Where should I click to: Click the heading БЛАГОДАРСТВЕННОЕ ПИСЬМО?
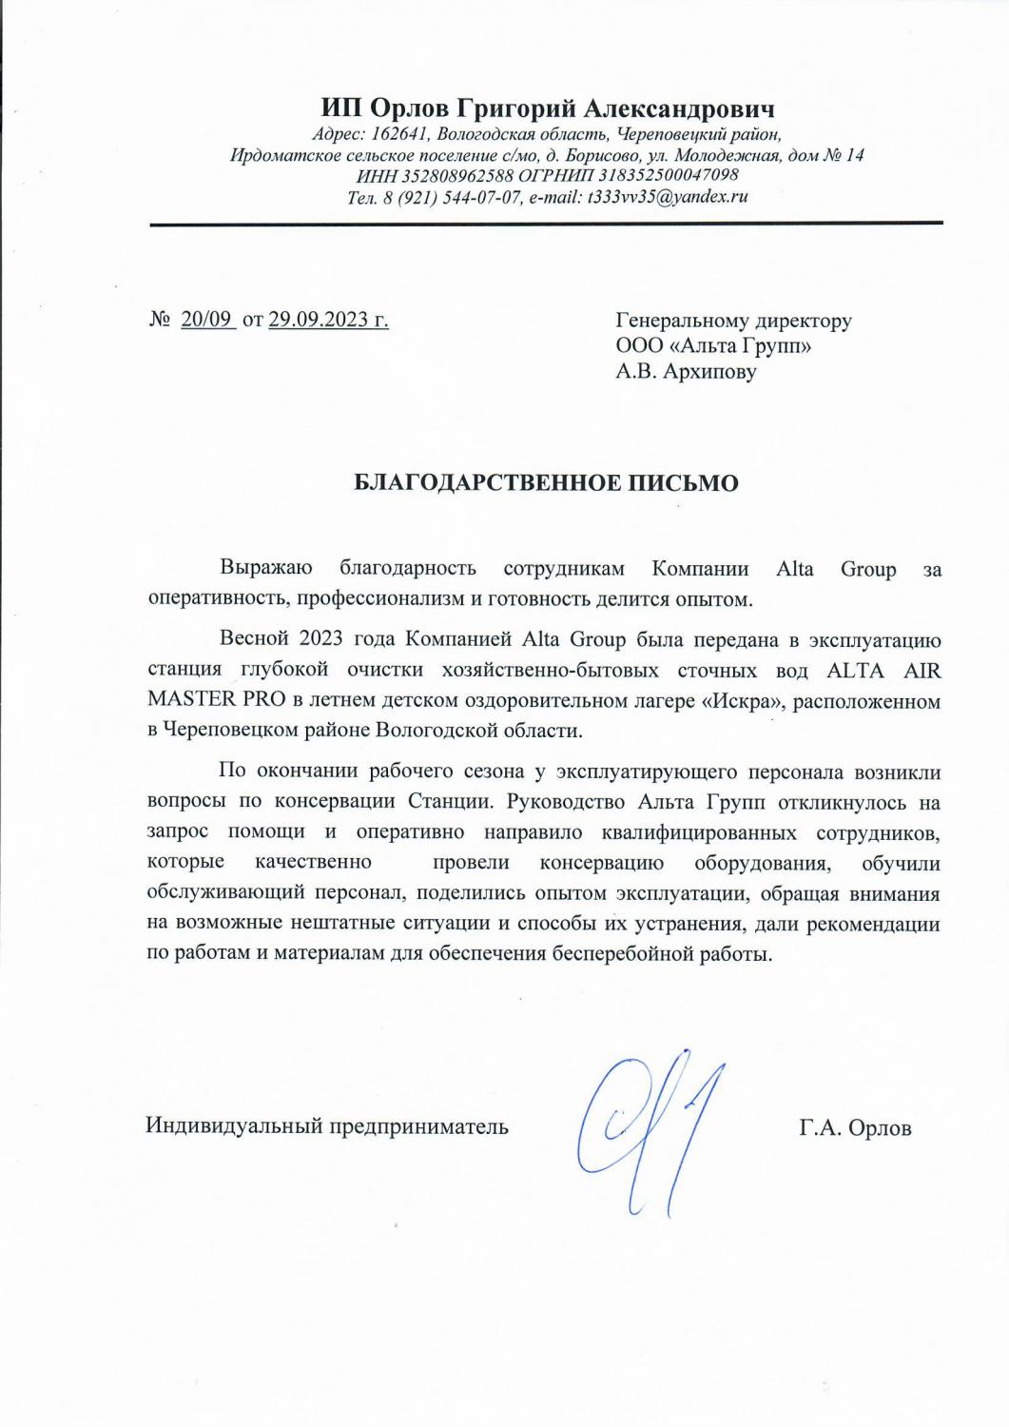tap(546, 483)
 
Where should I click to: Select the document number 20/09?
tap(206, 321)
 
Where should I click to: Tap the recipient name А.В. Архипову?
tap(686, 371)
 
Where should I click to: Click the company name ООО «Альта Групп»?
tap(713, 346)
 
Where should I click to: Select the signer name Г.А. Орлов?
tap(855, 1128)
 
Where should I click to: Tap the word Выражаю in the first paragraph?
tap(266, 570)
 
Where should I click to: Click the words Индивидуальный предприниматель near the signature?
tap(327, 1127)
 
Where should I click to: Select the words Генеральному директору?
tap(733, 321)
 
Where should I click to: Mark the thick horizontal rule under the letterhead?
tap(546, 223)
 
